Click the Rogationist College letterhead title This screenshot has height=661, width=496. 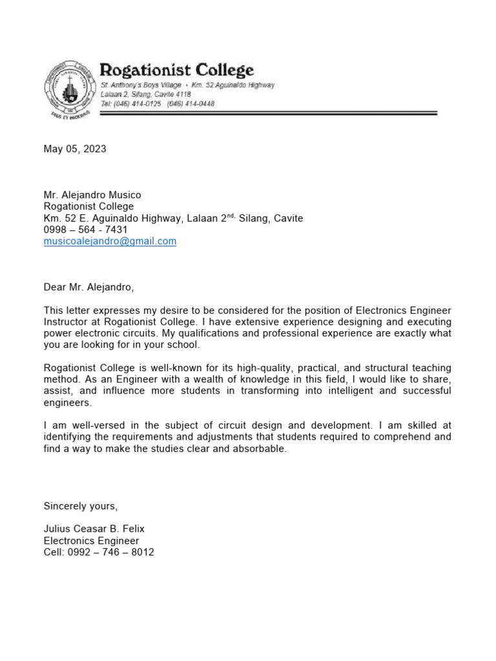click(x=176, y=70)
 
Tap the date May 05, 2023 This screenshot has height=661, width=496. click(x=75, y=149)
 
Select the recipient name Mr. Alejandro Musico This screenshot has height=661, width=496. click(x=92, y=195)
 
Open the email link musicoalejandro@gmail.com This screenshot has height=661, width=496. click(x=110, y=241)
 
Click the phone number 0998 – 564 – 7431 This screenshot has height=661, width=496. click(x=85, y=230)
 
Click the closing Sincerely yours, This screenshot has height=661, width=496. click(x=81, y=505)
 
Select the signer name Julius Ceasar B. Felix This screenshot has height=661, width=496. click(x=94, y=529)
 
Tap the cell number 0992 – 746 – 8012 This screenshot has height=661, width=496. click(x=99, y=553)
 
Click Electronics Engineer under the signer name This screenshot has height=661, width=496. click(x=91, y=541)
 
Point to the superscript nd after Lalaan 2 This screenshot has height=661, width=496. click(x=231, y=216)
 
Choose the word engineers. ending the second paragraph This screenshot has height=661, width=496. click(x=68, y=403)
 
